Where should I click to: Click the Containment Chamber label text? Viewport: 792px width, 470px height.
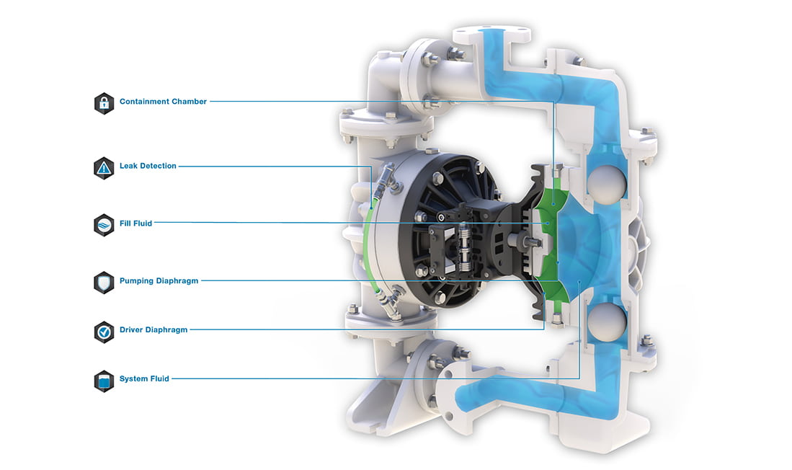pyautogui.click(x=163, y=102)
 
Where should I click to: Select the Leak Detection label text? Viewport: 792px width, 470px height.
pyautogui.click(x=148, y=166)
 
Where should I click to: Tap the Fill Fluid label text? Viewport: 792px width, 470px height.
pyautogui.click(x=135, y=223)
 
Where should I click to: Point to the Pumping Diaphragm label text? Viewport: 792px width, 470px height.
pyautogui.click(x=159, y=281)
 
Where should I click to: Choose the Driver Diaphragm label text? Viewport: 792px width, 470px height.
pyautogui.click(x=153, y=329)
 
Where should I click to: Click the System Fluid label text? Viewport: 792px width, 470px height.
pyautogui.click(x=144, y=378)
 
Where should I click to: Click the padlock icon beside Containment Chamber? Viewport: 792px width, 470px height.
pyautogui.click(x=104, y=102)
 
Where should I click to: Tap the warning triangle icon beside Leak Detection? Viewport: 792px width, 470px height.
pyautogui.click(x=104, y=167)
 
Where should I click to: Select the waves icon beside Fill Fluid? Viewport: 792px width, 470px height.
pyautogui.click(x=104, y=224)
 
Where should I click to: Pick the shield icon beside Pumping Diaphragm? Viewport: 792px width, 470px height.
pyautogui.click(x=104, y=281)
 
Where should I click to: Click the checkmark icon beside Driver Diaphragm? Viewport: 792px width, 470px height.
pyautogui.click(x=104, y=330)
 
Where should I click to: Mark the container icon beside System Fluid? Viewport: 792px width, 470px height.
pyautogui.click(x=104, y=379)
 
